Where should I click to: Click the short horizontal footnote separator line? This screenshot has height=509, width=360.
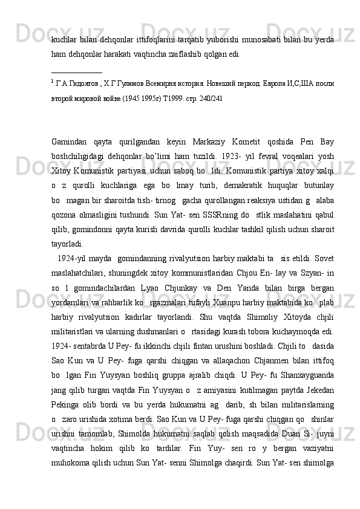point(76,72)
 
